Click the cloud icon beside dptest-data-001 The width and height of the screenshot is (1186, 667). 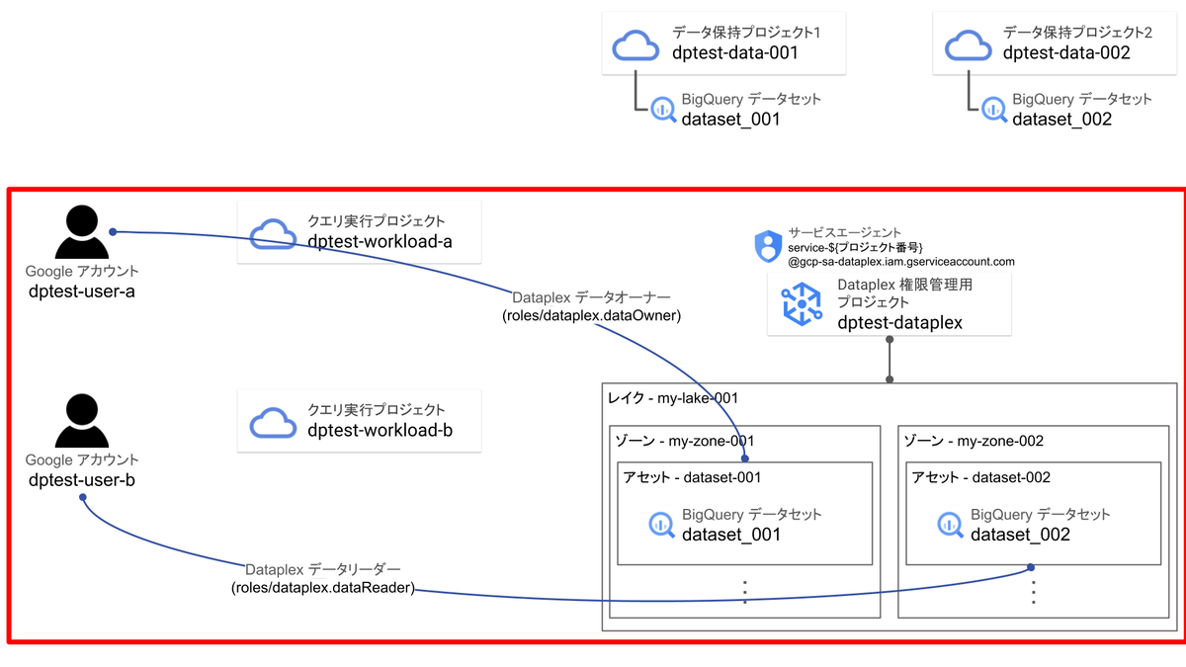(x=635, y=44)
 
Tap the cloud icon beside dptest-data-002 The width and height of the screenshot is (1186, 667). (x=968, y=44)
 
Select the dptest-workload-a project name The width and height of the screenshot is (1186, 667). (x=380, y=242)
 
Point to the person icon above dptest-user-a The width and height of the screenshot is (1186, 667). (x=82, y=235)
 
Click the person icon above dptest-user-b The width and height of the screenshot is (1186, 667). (x=82, y=422)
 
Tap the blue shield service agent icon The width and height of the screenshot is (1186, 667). (x=768, y=246)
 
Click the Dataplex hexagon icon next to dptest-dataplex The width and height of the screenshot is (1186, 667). (x=802, y=303)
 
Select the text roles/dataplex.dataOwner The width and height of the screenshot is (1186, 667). (x=591, y=316)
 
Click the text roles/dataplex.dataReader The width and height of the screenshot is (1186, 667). (x=323, y=589)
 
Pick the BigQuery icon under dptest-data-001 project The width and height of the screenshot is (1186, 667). (x=661, y=110)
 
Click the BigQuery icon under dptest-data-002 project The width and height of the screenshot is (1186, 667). (x=992, y=110)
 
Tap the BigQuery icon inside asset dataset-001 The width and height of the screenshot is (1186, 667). (x=661, y=525)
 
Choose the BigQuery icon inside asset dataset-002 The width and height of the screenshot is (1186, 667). (x=950, y=525)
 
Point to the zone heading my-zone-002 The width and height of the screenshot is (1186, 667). (x=974, y=441)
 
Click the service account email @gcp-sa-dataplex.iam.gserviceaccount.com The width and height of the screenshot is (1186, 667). (x=901, y=262)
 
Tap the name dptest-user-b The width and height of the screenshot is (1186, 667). (x=82, y=480)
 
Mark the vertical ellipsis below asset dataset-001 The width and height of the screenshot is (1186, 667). (x=745, y=591)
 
